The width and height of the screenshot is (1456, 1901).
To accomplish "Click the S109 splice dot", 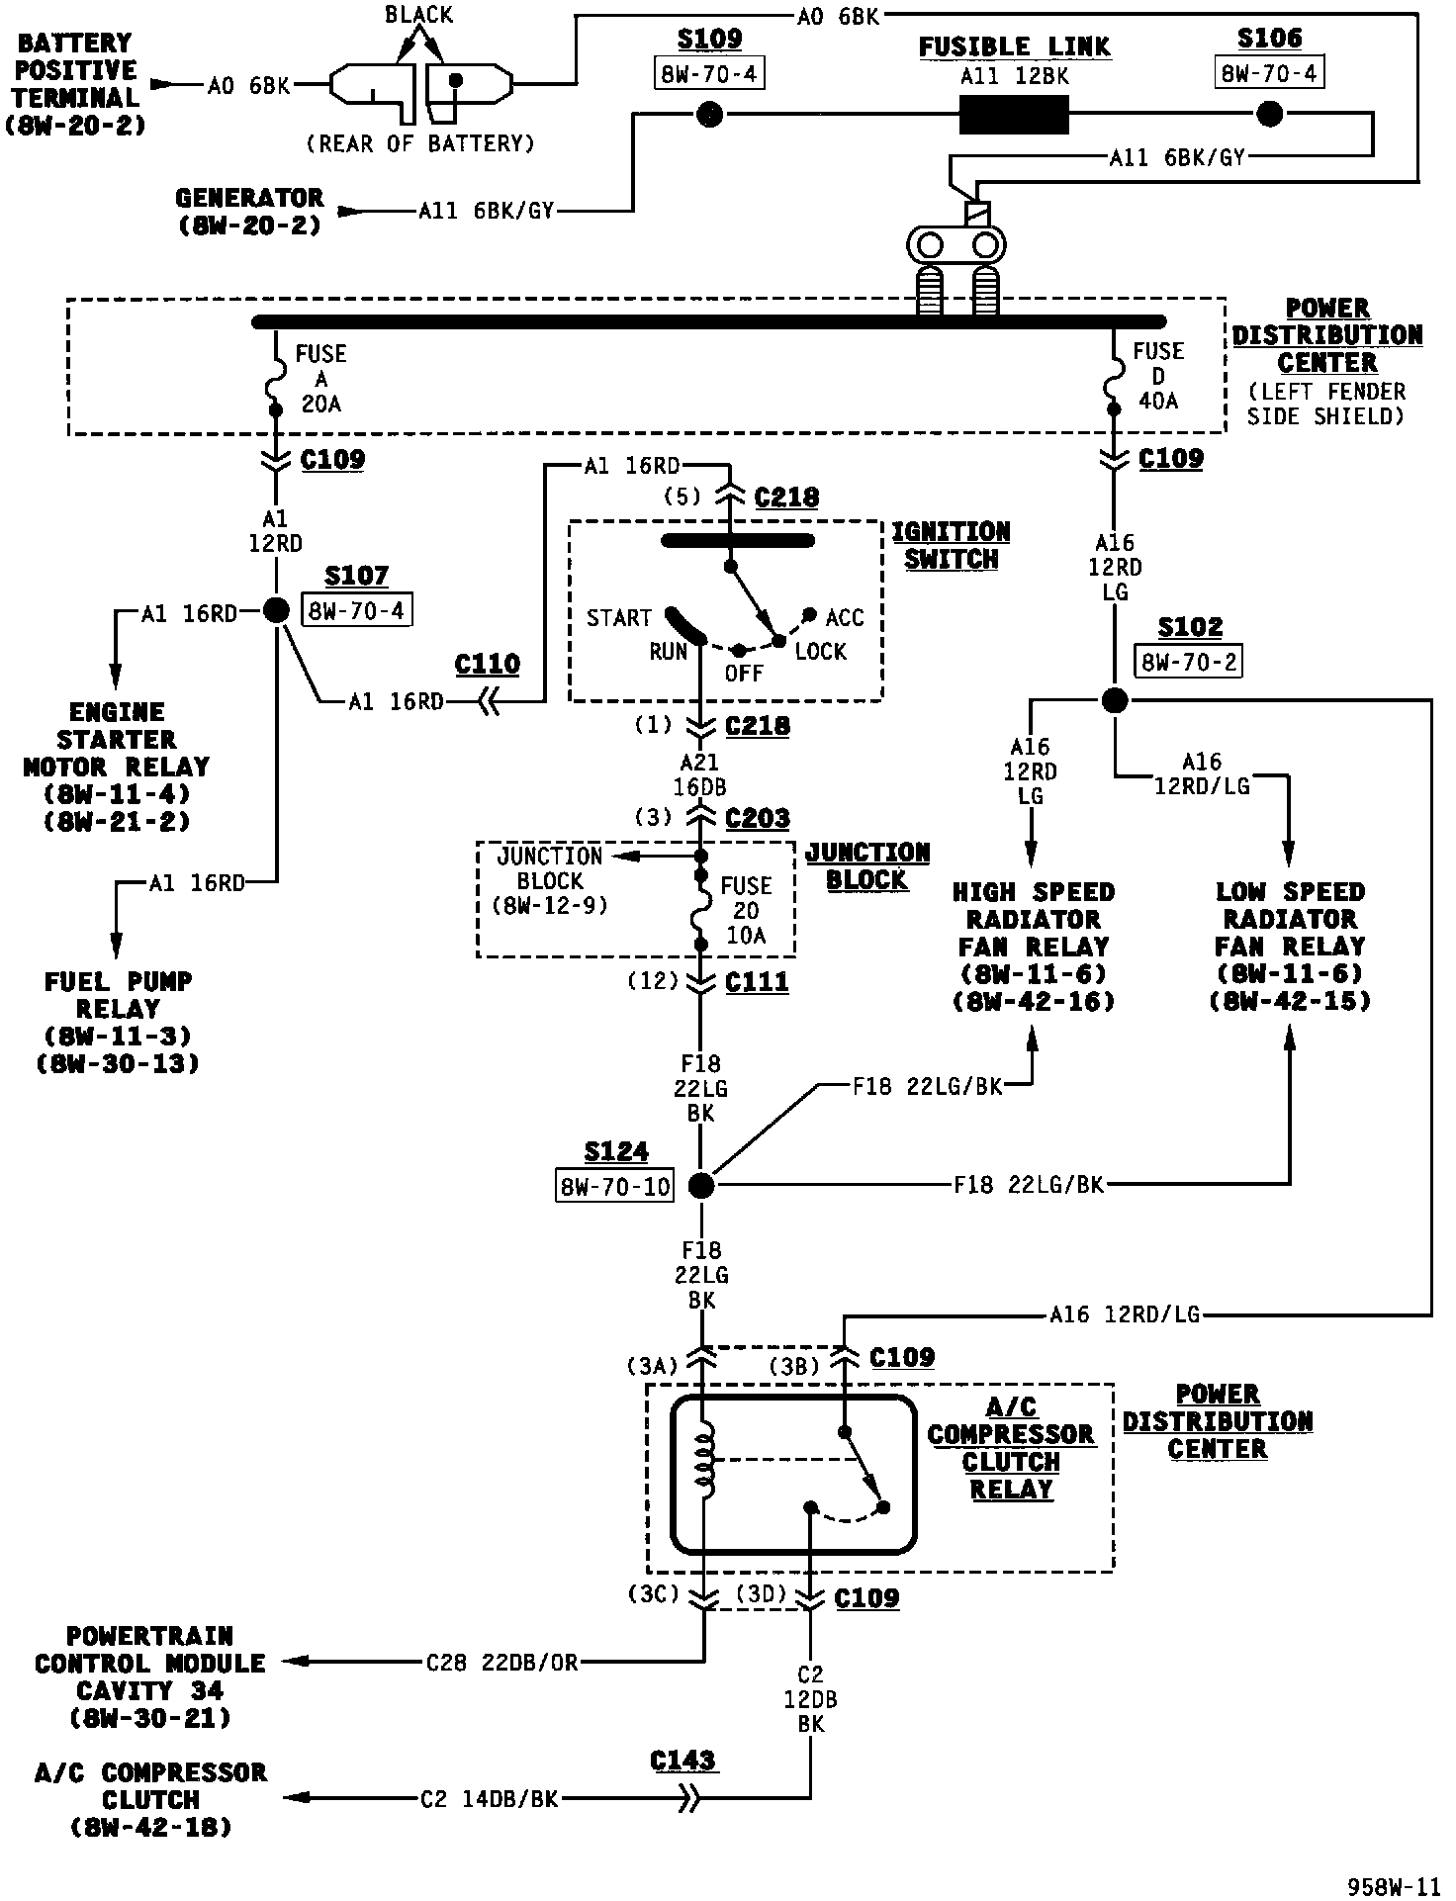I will point(709,116).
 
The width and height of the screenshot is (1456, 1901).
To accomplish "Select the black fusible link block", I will point(1014,116).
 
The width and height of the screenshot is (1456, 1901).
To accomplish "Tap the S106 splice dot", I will point(1269,115).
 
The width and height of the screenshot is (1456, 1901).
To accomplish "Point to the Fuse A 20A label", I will point(320,379).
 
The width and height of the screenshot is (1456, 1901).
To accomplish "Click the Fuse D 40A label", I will point(1158,377).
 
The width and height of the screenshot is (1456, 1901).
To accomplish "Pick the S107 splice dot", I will point(277,610).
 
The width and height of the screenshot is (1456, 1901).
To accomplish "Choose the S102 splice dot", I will point(1115,700).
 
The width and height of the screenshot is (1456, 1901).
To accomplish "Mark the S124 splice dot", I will point(700,1185).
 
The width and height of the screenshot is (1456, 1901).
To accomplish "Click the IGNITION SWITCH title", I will point(951,546).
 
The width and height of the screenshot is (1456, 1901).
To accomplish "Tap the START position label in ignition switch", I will point(619,618).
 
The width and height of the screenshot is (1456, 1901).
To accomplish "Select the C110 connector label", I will point(488,664).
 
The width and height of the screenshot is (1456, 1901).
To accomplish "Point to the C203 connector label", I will point(758,818).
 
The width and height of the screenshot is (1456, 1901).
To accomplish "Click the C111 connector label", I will point(757,981).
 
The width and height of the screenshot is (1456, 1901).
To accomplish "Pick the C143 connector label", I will point(683,1761).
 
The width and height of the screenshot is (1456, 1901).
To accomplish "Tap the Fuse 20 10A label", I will point(746,910).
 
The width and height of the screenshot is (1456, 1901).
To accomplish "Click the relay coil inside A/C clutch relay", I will point(704,1457).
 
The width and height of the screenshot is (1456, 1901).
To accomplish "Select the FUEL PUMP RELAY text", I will point(118,995).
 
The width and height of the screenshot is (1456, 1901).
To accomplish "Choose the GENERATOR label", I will point(249,198).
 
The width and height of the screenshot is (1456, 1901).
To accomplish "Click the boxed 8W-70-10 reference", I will point(615,1186).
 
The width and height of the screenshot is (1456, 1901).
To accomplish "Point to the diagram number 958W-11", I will point(1393,1886).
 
